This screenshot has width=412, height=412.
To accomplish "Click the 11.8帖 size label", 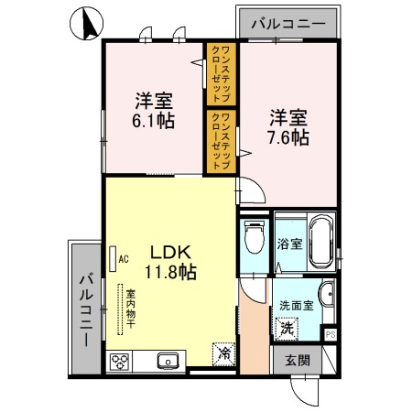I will (x=169, y=271).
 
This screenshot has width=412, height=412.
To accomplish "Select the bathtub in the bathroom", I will (x=320, y=241).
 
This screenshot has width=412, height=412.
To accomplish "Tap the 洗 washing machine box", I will (x=287, y=327).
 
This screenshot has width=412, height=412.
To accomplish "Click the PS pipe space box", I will (x=331, y=335).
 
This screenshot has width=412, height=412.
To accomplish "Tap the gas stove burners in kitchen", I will (x=123, y=361).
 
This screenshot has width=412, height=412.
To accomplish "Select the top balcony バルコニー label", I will (x=287, y=23).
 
